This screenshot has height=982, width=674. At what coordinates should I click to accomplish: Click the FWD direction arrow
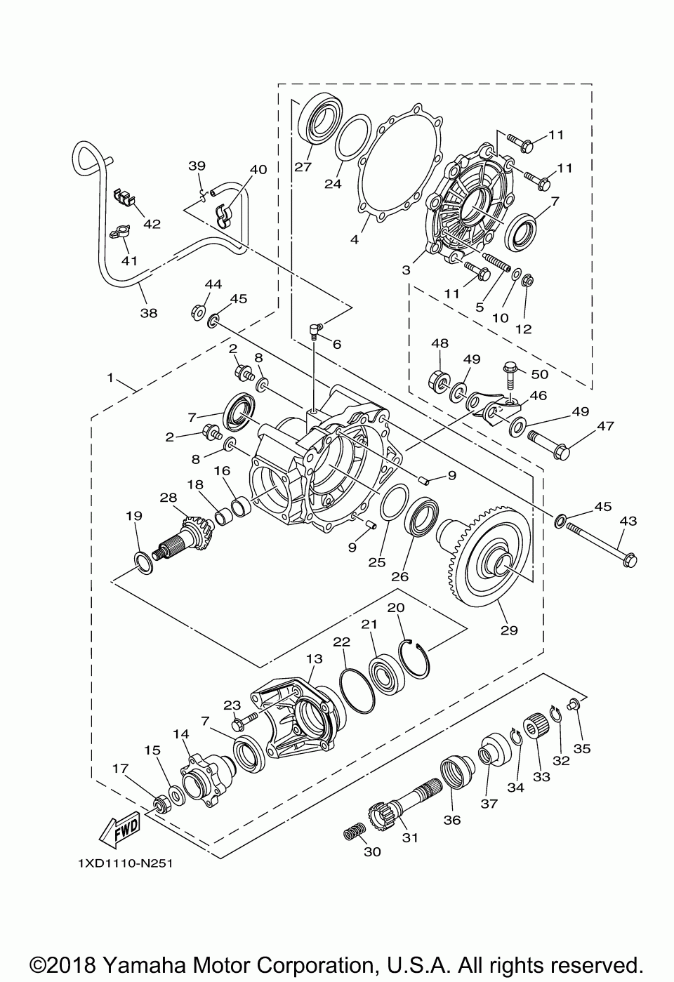click(119, 829)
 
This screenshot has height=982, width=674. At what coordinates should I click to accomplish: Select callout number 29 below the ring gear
click(509, 630)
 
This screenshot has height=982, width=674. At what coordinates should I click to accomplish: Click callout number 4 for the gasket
click(355, 239)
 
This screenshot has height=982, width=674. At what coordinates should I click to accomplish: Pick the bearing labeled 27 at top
click(321, 117)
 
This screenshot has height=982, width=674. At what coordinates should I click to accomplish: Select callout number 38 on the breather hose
click(149, 313)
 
